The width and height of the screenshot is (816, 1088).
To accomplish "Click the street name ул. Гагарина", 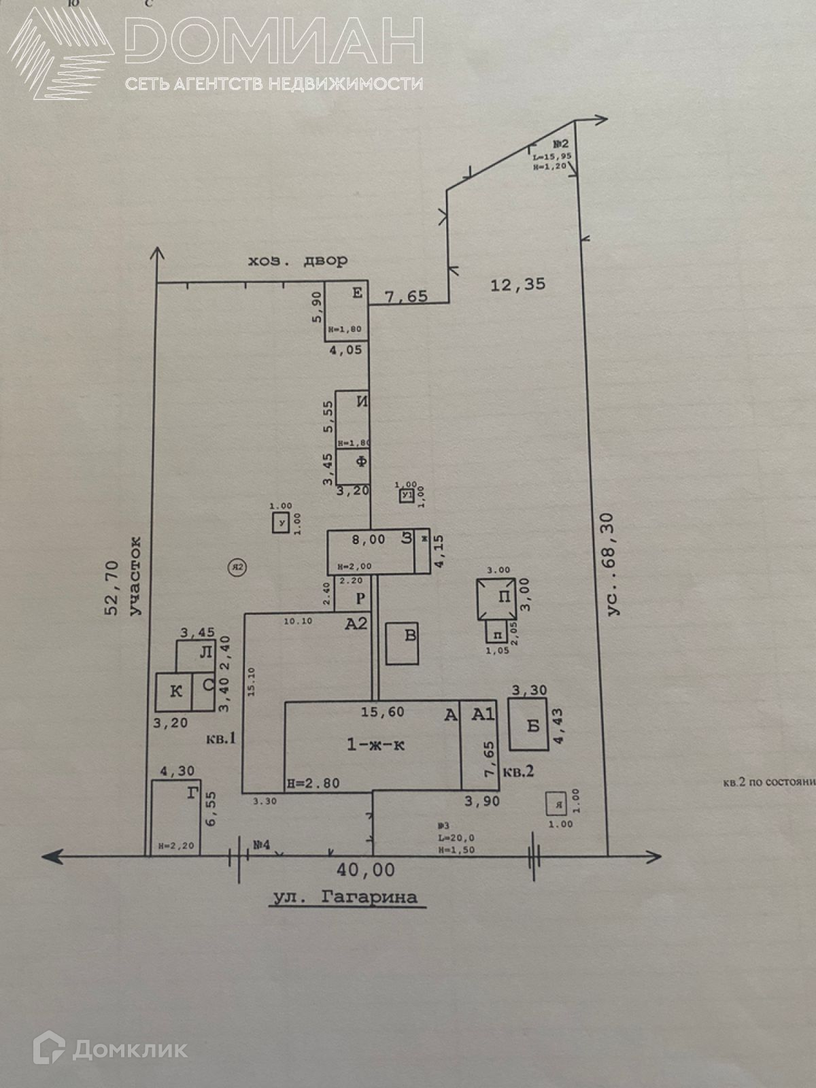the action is click(345, 897).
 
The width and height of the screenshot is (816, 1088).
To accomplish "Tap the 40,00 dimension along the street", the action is click(366, 870).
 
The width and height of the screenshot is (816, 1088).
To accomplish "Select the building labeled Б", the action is click(528, 724).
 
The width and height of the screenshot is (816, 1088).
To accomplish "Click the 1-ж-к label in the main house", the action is click(375, 745).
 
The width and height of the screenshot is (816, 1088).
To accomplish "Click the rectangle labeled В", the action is click(402, 643).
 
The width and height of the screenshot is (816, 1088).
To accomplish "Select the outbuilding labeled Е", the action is click(346, 309).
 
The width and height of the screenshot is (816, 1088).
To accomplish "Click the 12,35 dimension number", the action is click(517, 284).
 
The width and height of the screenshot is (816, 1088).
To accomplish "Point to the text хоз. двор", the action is click(297, 261).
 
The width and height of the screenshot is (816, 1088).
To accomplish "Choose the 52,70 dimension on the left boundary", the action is click(112, 588).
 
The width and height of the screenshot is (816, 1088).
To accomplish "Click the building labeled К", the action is click(174, 692).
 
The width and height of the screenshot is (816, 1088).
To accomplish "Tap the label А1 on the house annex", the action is click(483, 714).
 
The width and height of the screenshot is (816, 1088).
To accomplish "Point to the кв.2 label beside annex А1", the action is click(518, 772).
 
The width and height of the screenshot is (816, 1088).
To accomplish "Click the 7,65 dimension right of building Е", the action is click(406, 296).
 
